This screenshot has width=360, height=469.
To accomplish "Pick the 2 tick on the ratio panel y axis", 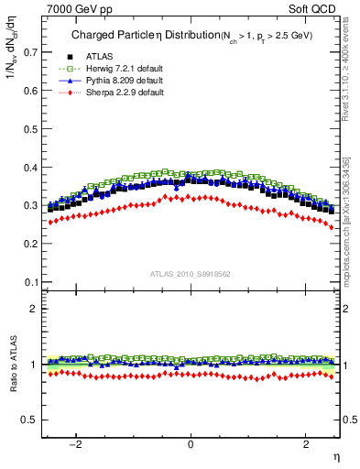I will (33, 309).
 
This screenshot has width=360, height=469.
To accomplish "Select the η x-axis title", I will (336, 455).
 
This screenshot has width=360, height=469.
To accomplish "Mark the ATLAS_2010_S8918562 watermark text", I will (191, 274).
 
